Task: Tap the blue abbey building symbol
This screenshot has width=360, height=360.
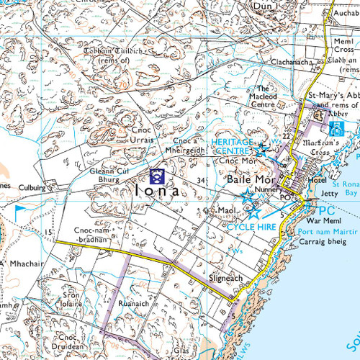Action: click(x=335, y=128)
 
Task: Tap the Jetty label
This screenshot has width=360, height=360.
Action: click(x=329, y=193)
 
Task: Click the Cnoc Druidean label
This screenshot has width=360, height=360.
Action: click(x=68, y=341)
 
